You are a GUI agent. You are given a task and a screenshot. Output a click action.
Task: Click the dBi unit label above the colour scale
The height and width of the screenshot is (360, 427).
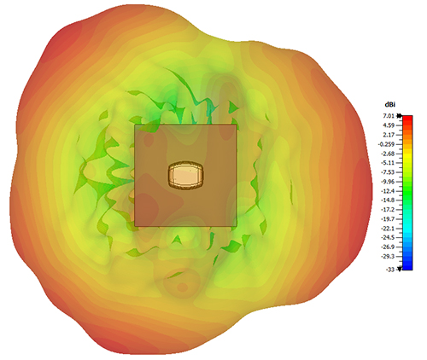click(x=390, y=105)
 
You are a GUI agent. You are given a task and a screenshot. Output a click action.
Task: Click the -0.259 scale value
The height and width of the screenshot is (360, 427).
click(x=387, y=144)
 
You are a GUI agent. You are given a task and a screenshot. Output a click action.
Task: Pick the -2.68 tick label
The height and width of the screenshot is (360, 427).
click(x=389, y=154)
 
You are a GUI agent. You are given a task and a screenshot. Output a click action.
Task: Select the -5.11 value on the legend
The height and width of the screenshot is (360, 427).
click(x=389, y=163)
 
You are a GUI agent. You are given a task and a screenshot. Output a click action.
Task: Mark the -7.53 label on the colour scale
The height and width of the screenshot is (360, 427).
click(x=389, y=172)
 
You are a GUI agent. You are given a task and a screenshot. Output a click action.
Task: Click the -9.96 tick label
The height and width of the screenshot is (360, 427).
click(x=389, y=182)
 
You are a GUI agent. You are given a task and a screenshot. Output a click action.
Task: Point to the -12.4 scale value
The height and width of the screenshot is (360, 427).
click(x=389, y=191)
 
